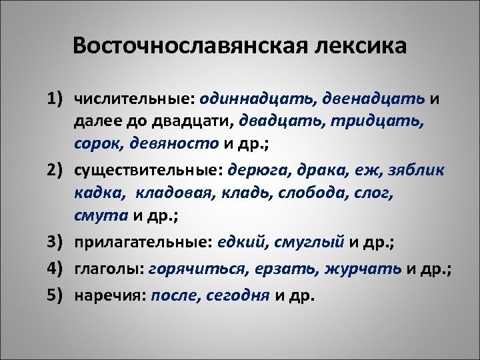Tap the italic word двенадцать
point(373,99)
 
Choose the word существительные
point(149,171)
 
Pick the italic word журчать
point(363,269)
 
